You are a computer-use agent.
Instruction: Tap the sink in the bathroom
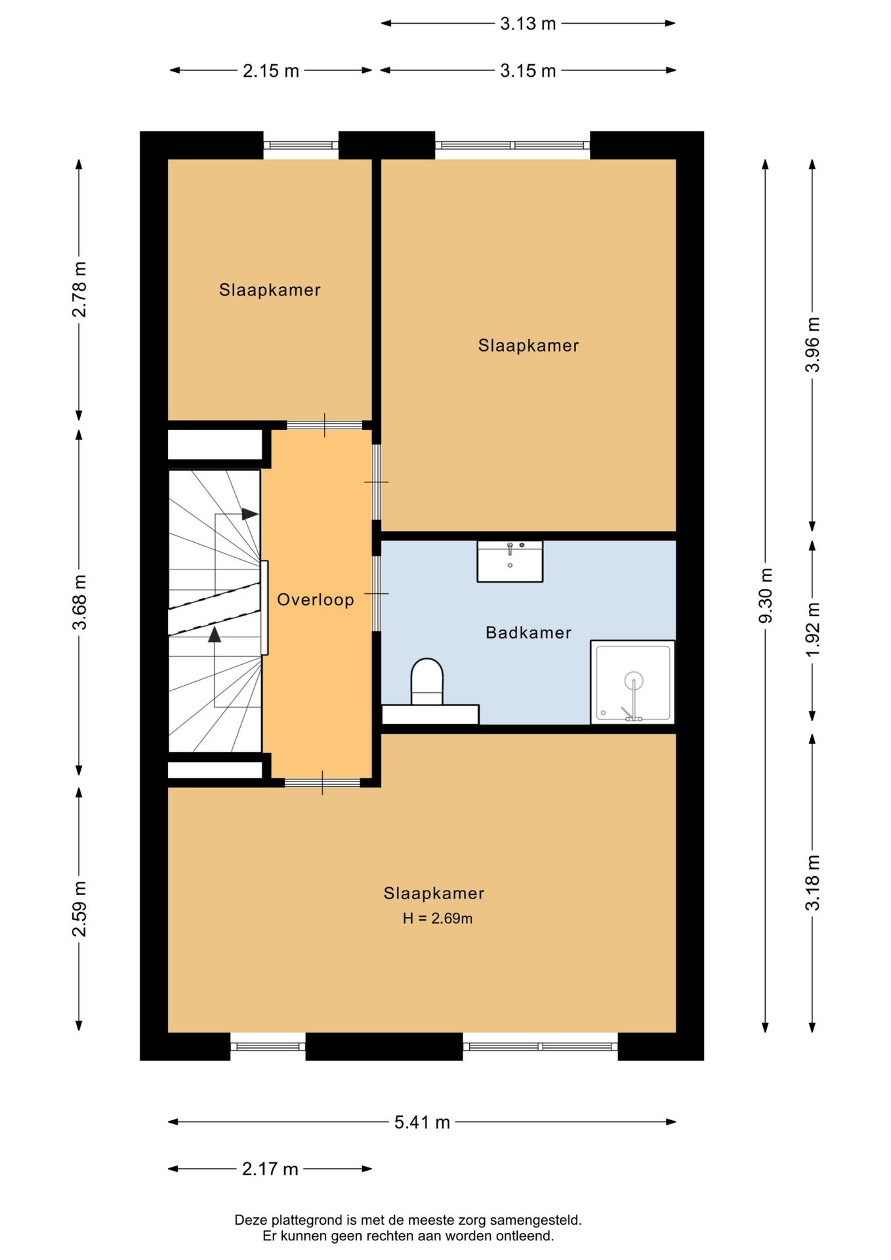510,561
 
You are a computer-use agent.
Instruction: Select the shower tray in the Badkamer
632,682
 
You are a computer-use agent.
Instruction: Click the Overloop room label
315,599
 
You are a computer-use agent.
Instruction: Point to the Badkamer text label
528,633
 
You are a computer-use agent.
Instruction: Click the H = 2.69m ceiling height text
438,918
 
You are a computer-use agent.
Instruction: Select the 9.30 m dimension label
765,596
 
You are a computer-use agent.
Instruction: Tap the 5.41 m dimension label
422,1122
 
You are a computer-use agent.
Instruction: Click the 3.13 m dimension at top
528,24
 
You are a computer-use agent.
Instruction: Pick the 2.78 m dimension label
79,289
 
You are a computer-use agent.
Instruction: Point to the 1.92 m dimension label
812,629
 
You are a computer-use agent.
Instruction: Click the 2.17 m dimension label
270,1169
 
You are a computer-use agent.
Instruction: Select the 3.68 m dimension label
79,602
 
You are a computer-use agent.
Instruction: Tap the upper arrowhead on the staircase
250,514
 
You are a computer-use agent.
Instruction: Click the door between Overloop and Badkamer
377,593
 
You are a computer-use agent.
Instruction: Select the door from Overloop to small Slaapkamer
324,425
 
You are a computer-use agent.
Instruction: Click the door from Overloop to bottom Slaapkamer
322,782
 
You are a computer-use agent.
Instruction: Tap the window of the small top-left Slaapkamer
301,146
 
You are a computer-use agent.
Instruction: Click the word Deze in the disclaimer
251,1220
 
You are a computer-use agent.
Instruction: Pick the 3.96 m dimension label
812,345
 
